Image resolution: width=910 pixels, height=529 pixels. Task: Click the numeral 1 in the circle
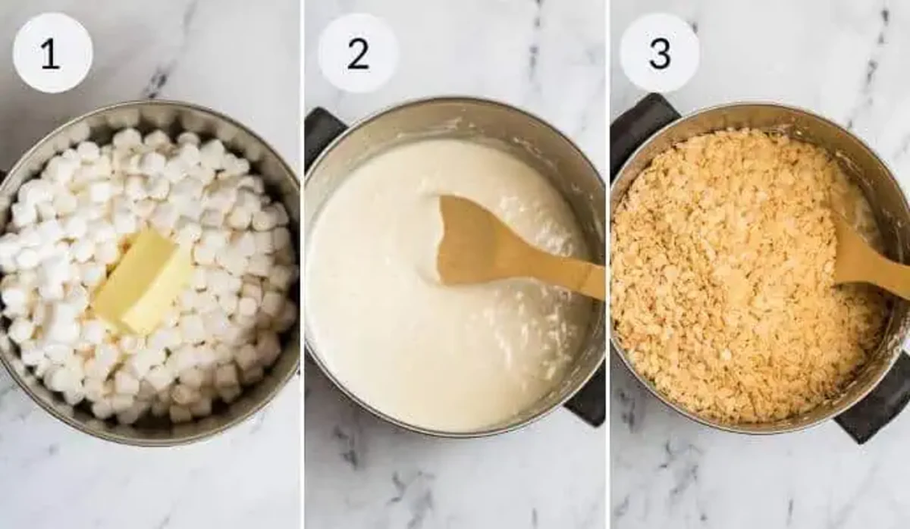[x=50, y=54]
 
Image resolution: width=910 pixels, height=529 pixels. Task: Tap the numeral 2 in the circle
[x=358, y=54]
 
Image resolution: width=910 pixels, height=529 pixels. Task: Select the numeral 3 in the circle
[x=660, y=54]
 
